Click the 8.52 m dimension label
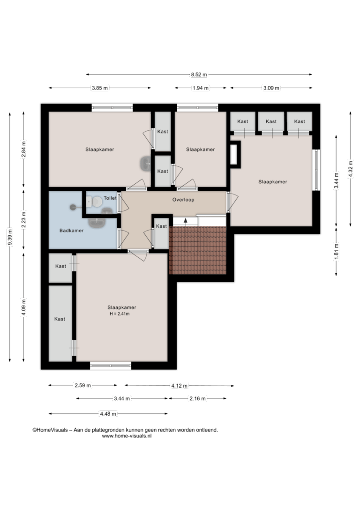[x=199, y=75]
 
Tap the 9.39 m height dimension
[x=10, y=237]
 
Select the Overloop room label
[x=183, y=200]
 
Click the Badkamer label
[x=71, y=231]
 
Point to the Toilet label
[x=110, y=198]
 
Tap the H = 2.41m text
[x=120, y=314]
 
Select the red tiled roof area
[x=197, y=250]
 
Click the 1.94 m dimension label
[x=201, y=88]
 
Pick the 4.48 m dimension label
[x=108, y=414]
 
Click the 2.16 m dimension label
[x=197, y=399]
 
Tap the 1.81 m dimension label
[x=336, y=251]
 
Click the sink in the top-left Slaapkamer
[x=146, y=163]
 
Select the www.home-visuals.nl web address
[x=127, y=436]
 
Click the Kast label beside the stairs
[x=161, y=226]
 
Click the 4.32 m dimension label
[x=350, y=169]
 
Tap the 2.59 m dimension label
[x=83, y=385]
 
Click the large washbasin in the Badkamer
[x=97, y=222]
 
